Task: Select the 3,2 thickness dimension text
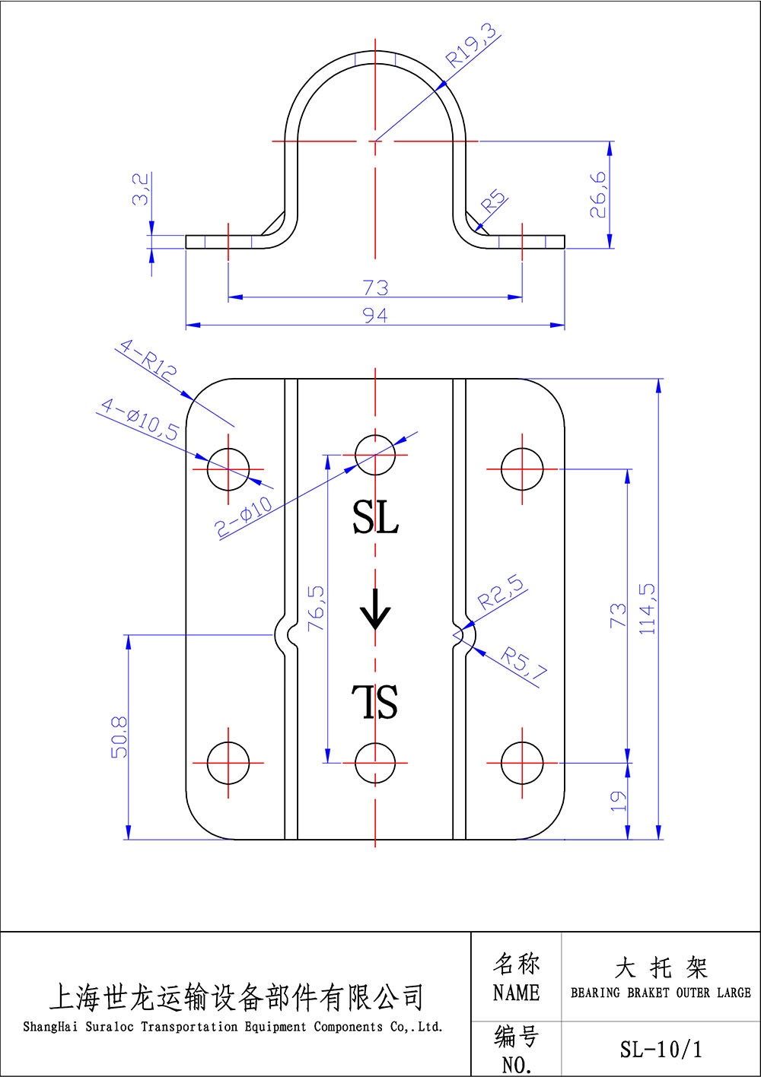click(141, 189)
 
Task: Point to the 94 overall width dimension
click(375, 315)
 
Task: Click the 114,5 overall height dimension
click(648, 608)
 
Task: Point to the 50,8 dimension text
click(119, 736)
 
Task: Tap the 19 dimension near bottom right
click(619, 799)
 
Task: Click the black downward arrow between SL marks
click(374, 609)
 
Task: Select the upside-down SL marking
click(375, 701)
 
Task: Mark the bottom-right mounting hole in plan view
click(522, 761)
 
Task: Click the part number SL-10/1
click(661, 1050)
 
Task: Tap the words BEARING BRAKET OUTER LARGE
click(661, 993)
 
